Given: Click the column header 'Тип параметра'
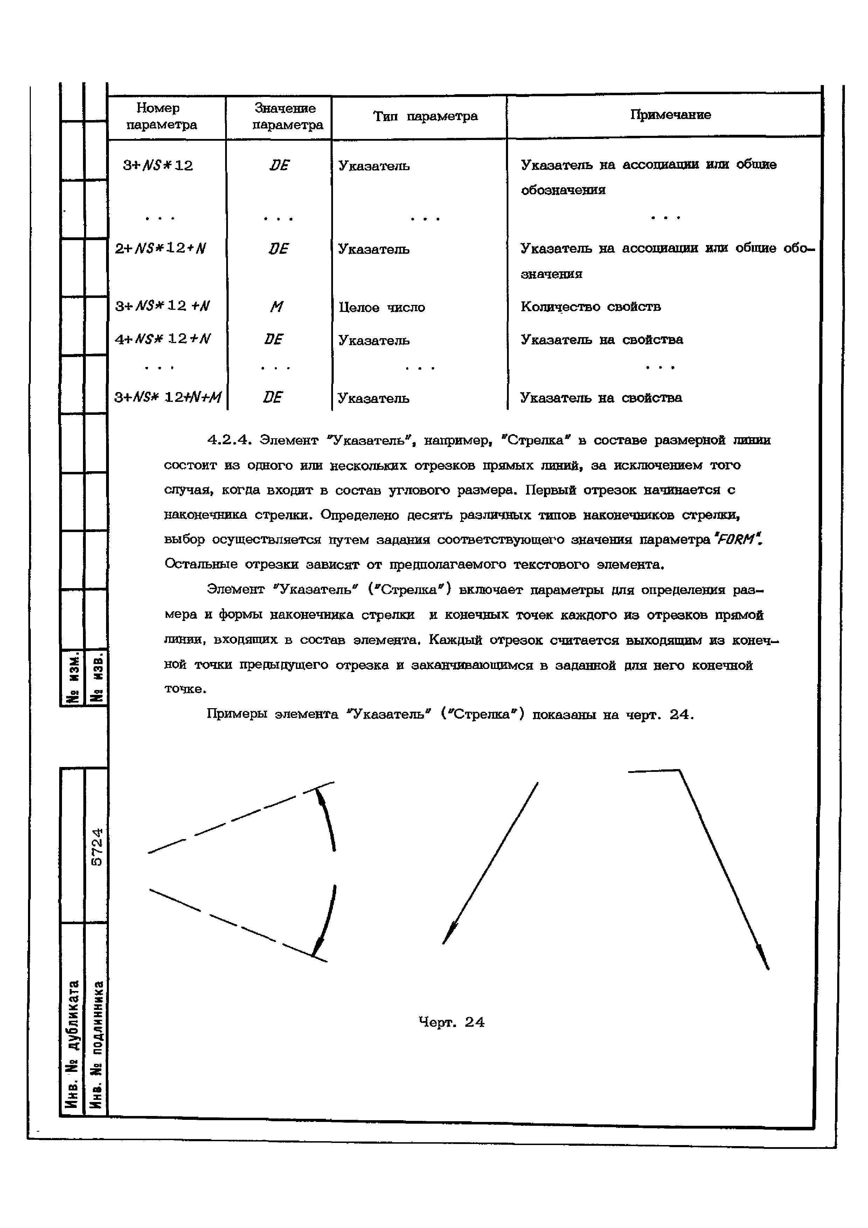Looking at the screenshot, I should pos(425,116).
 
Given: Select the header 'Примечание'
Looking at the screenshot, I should pos(670,114).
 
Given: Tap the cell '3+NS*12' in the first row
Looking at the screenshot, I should pos(158,165).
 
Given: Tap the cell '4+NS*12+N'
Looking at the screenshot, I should pos(162,339).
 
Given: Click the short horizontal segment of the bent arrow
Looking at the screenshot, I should pos(654,771).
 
